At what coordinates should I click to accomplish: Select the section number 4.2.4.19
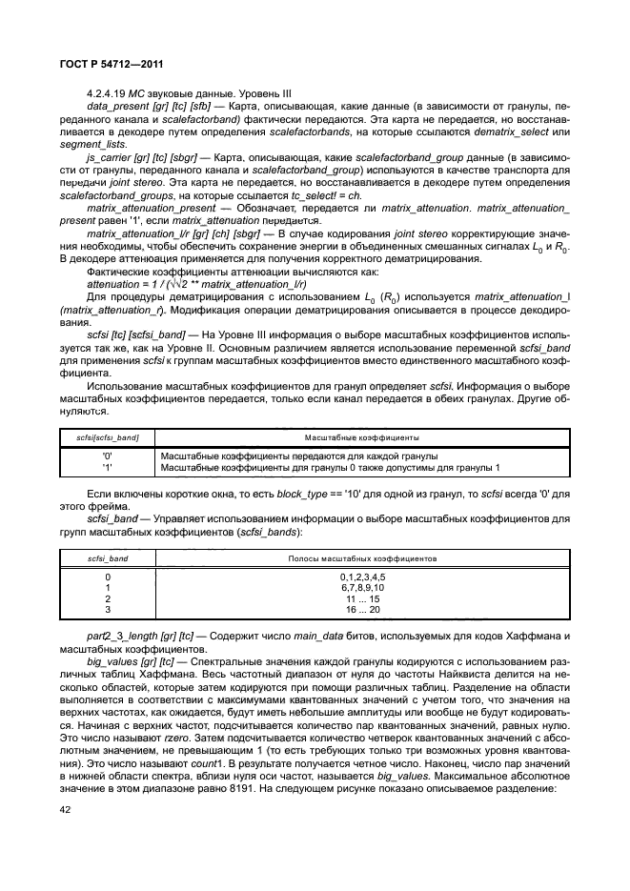pyautogui.click(x=107, y=91)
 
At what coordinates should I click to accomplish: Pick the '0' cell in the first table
pyautogui.click(x=108, y=456)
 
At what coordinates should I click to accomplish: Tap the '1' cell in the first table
pyautogui.click(x=108, y=467)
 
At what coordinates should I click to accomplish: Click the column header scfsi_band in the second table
pyautogui.click(x=108, y=556)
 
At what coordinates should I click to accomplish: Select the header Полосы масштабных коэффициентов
pyautogui.click(x=361, y=556)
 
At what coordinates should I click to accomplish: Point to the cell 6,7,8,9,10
pyautogui.click(x=361, y=587)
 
